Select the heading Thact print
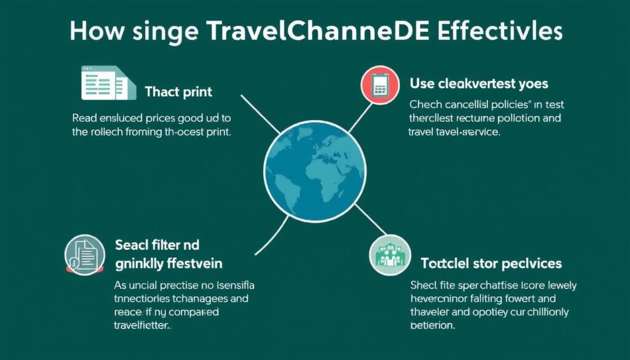tap(178, 92)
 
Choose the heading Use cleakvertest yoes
tap(479, 82)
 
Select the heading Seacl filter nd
tap(157, 244)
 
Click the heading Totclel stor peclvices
tap(491, 263)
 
